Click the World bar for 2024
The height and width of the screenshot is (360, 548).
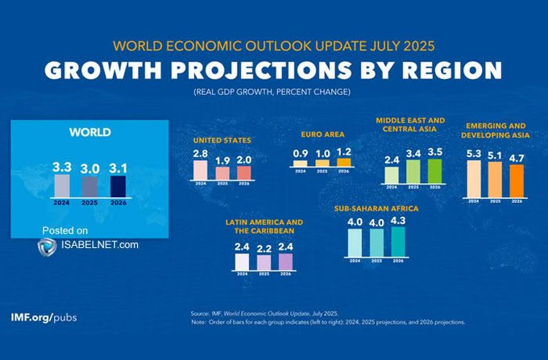[61, 184]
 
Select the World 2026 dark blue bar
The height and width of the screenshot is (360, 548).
[118, 186]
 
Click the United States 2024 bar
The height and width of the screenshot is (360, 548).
[200, 170]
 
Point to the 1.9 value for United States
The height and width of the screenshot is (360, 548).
[223, 159]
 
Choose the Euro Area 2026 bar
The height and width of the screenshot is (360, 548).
[344, 162]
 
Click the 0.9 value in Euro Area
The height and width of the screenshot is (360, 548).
[300, 153]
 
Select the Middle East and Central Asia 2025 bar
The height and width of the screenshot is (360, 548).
[413, 171]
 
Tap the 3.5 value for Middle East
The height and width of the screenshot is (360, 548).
[435, 151]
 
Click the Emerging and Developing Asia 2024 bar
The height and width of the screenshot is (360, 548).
[475, 178]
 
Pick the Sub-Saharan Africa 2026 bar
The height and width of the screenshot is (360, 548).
[397, 240]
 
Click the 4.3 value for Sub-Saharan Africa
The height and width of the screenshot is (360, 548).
[397, 220]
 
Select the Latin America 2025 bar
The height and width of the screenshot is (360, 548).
[263, 263]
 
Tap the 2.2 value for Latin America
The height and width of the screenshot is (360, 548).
[263, 248]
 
